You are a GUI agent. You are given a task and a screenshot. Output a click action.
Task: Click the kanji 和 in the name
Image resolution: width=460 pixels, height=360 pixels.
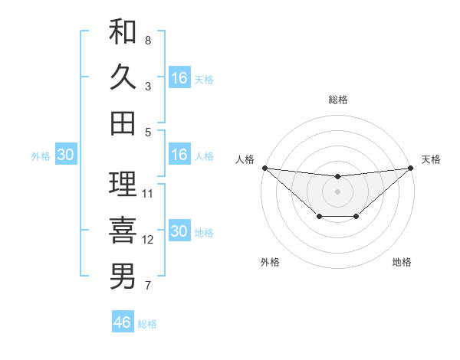[x=123, y=33]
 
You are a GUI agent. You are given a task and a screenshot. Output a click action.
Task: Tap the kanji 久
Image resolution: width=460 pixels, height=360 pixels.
[x=123, y=78]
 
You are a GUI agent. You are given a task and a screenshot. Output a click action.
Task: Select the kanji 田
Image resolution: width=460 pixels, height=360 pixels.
[x=123, y=123]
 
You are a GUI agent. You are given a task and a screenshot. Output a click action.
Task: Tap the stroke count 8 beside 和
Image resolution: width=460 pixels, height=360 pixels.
[x=147, y=40]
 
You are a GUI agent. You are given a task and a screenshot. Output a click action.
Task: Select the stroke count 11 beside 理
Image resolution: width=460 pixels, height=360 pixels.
[x=149, y=193]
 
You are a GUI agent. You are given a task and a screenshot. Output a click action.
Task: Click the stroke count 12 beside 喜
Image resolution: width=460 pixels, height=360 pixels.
[x=149, y=240]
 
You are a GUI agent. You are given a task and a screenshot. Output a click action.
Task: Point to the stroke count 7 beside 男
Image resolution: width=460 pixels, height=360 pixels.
[x=147, y=286]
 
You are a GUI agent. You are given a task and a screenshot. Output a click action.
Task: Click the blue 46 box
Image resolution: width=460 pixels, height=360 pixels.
[x=123, y=322]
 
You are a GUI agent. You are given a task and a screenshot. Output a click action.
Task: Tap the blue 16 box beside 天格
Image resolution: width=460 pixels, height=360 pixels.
[x=179, y=77]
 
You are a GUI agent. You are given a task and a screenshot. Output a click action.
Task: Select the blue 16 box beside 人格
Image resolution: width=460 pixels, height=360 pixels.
[x=179, y=155]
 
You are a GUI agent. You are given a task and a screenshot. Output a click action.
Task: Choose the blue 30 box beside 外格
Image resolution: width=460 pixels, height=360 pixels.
[x=66, y=155]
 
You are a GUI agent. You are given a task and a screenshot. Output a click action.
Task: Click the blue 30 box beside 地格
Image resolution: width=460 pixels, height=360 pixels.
[x=179, y=231]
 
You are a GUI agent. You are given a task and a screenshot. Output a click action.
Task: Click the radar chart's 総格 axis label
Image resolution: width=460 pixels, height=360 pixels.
[x=337, y=100]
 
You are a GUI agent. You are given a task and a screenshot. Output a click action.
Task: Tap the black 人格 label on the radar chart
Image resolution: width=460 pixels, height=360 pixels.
[x=245, y=159]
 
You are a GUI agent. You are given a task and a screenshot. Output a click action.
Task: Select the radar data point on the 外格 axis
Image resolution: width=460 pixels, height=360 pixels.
[x=319, y=218]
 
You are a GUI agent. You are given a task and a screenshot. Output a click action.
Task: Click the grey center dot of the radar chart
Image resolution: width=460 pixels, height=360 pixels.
[x=337, y=191]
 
